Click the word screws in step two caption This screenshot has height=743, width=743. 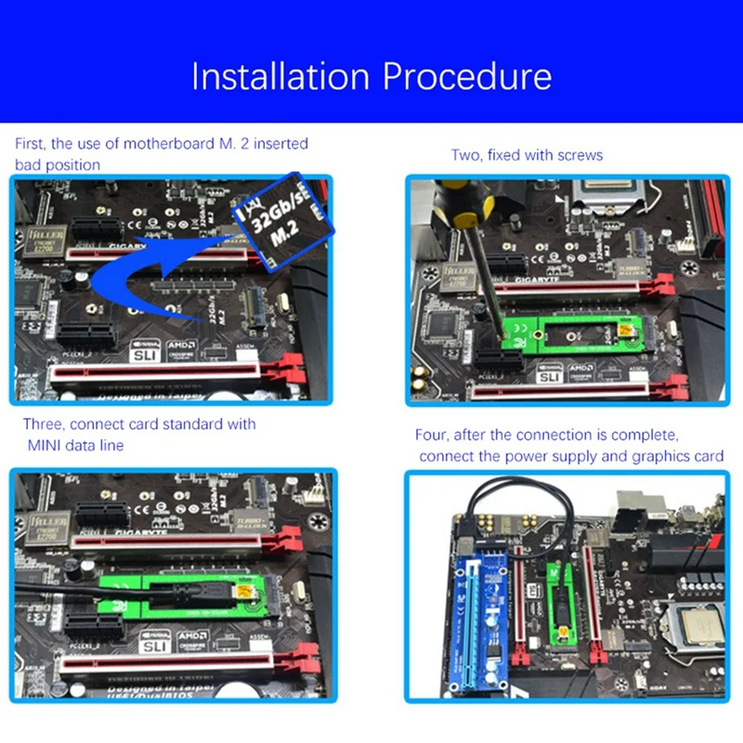pos(577,155)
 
